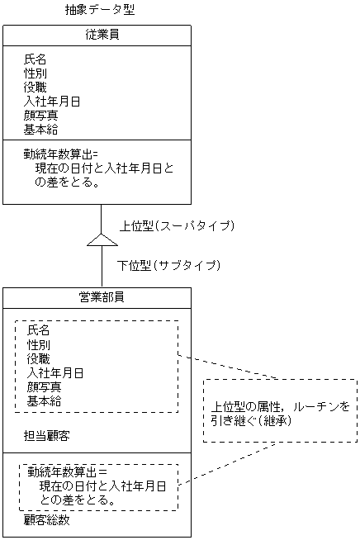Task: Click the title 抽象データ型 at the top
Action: [100, 11]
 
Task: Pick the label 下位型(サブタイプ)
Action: [168, 265]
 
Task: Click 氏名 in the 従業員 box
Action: [35, 59]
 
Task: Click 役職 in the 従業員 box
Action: [35, 88]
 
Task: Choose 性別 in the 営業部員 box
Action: [38, 344]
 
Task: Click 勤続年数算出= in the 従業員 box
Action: [61, 154]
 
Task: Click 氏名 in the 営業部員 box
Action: [38, 330]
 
